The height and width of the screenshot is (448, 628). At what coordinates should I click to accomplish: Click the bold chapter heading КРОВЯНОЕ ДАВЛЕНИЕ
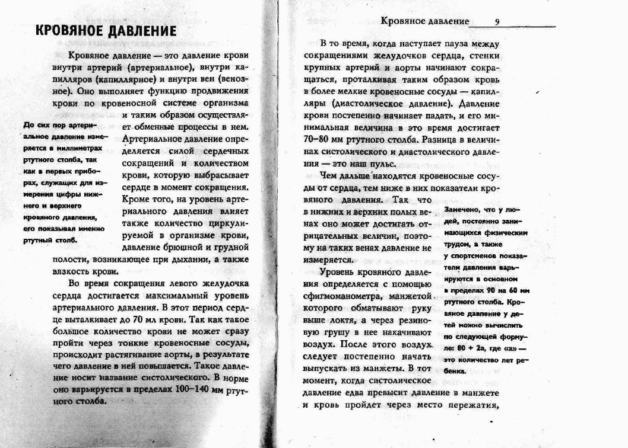point(106,31)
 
